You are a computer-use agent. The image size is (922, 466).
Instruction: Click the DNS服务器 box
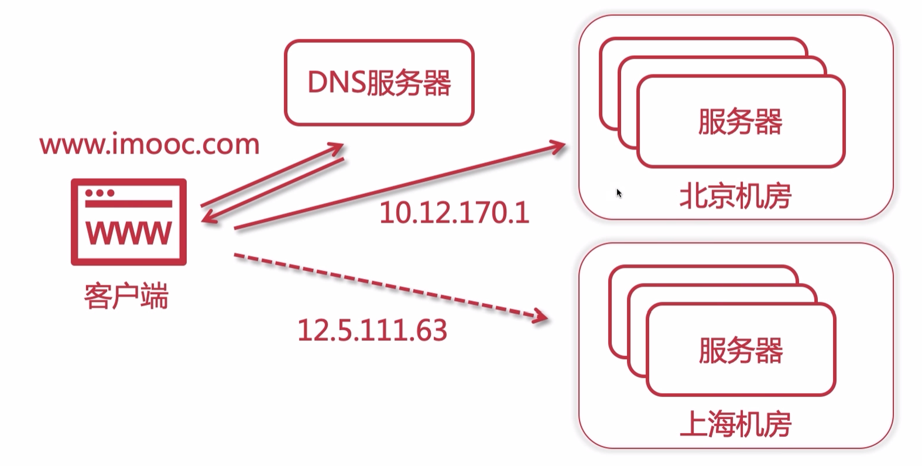point(379,82)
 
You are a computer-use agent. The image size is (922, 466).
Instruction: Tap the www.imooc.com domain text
point(149,145)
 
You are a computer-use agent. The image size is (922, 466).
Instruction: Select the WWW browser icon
point(129,222)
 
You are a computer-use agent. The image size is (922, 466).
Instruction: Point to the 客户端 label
point(127,296)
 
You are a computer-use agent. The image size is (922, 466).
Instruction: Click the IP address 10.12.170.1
point(454,213)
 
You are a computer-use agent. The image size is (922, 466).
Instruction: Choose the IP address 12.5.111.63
point(372,330)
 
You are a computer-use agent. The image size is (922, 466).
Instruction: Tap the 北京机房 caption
point(735,196)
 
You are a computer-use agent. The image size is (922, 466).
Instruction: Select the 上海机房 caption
point(735,425)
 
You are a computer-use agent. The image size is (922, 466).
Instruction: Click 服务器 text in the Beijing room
point(740,121)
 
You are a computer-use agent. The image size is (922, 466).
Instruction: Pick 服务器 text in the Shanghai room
point(741,351)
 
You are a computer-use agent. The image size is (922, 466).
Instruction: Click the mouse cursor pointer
point(619,193)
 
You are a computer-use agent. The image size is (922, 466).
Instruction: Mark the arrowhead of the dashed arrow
point(541,317)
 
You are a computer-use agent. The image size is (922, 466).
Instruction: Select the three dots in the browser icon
point(99,193)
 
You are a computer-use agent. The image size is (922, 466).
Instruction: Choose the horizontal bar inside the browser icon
point(129,204)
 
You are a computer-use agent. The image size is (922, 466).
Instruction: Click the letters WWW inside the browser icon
point(129,233)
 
